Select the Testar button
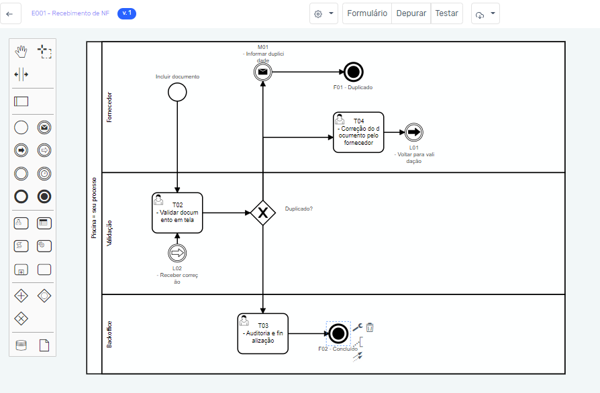[446, 13]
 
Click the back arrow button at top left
[9, 13]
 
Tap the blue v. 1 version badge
[126, 13]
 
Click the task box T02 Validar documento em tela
[177, 213]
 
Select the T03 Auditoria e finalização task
[262, 333]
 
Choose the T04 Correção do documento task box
[358, 132]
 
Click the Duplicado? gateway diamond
[262, 213]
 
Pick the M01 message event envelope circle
[262, 72]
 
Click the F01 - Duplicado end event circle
[353, 72]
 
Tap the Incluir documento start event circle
[177, 92]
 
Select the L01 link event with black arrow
[413, 132]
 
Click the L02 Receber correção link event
[177, 253]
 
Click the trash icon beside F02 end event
[370, 327]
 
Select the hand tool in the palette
[21, 50]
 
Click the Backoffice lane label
[109, 333]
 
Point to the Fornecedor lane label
[109, 107]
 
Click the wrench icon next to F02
[356, 327]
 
